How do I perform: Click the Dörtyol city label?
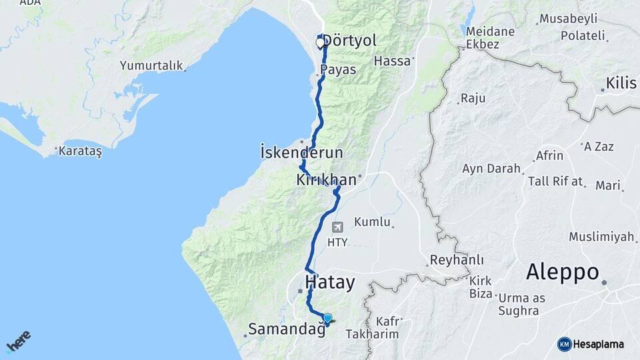(x=350, y=41)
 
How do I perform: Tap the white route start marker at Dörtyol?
(x=320, y=43)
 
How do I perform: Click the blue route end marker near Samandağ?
(x=327, y=318)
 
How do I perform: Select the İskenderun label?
(x=301, y=153)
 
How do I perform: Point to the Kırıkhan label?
(x=326, y=180)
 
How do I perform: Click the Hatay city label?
(x=329, y=282)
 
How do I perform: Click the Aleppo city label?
(x=562, y=272)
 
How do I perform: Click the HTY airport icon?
(x=337, y=227)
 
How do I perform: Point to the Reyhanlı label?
(x=457, y=259)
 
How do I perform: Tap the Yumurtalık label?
(x=151, y=65)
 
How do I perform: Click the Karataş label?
(x=80, y=151)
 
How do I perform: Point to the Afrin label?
(x=549, y=156)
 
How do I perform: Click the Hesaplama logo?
(x=591, y=344)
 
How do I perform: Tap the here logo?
(x=19, y=342)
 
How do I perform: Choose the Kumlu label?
(x=372, y=221)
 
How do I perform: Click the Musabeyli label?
(x=568, y=19)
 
